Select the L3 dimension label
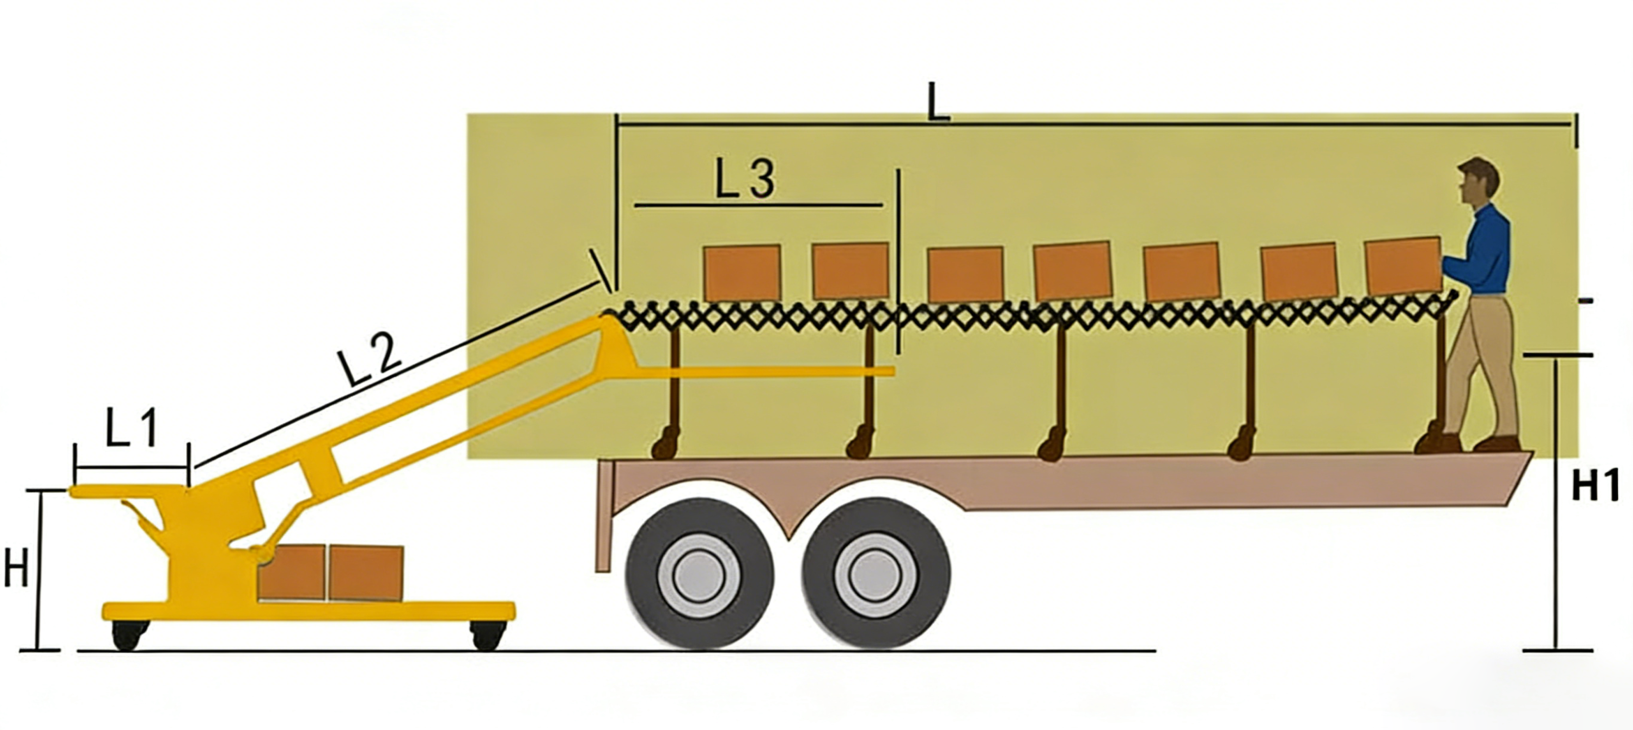[745, 178]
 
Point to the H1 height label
[1595, 487]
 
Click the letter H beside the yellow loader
[16, 568]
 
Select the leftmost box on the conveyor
[742, 273]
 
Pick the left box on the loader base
[292, 572]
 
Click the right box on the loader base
[366, 573]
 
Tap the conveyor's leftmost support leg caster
[666, 443]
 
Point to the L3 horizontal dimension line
[758, 205]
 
